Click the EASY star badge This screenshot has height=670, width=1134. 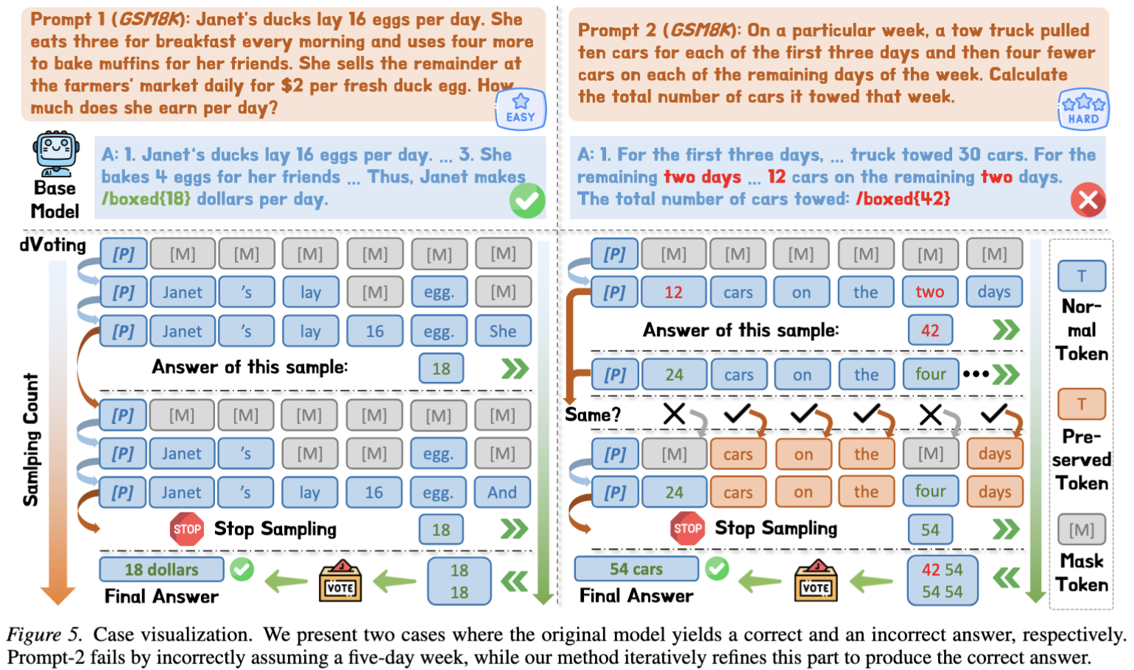click(521, 109)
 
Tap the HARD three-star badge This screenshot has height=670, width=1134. click(1083, 109)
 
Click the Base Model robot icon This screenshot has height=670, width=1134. click(56, 154)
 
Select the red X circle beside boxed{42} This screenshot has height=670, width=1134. click(1088, 200)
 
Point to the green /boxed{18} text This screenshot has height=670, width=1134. click(147, 199)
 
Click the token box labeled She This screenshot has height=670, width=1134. click(503, 331)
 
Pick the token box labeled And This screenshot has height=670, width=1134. click(502, 492)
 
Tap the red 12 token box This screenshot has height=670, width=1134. click(673, 292)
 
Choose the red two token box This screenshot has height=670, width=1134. click(930, 292)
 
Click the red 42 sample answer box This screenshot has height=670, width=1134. click(930, 331)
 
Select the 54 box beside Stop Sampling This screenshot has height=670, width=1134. click(930, 529)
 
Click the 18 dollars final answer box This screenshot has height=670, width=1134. click(161, 569)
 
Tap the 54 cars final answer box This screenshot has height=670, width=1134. click(636, 569)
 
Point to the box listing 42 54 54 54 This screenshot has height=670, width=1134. click(942, 580)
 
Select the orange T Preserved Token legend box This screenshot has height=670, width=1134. click(1082, 403)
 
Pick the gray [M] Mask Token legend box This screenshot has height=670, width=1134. click(1082, 530)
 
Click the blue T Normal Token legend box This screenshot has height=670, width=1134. click(1082, 276)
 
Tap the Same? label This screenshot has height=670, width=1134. click(592, 415)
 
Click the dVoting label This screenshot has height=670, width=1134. click(53, 245)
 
